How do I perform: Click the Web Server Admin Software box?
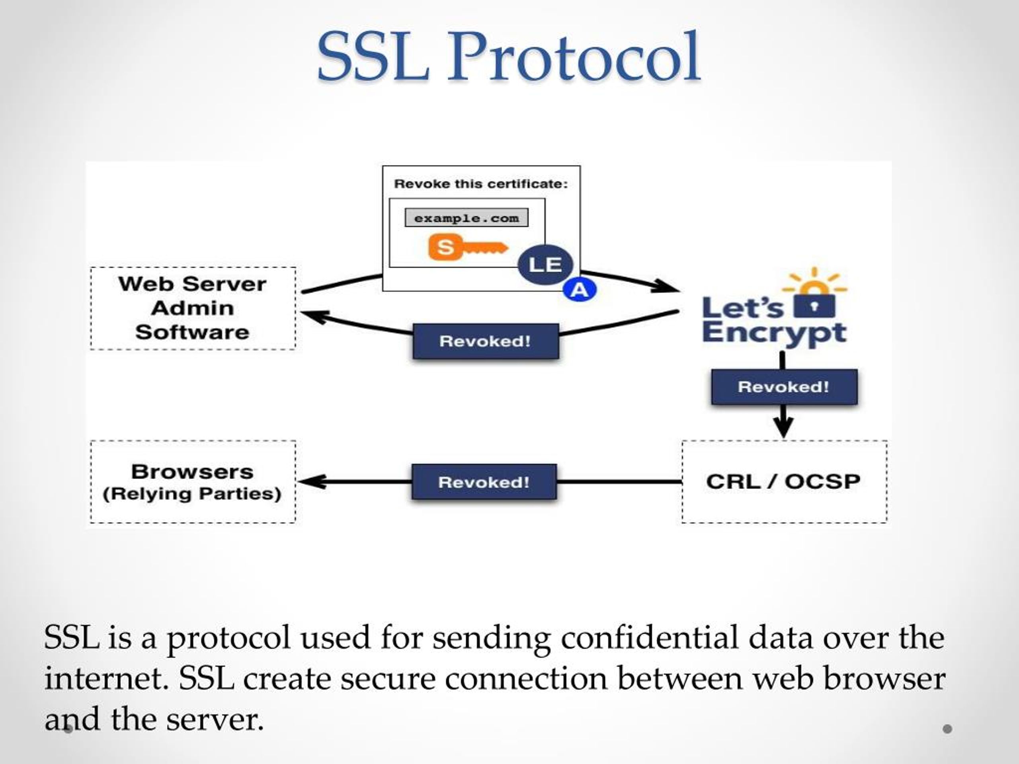coord(193,308)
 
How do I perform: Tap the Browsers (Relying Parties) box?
coord(193,482)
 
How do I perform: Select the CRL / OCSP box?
coord(784,482)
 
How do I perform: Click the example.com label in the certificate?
coord(466,218)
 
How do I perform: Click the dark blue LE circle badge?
coord(545,265)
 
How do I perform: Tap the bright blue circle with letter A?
coord(580,290)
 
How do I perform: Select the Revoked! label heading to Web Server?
coord(486,341)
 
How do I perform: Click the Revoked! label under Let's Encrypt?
coord(784,387)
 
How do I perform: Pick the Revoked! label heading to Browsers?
coord(484,482)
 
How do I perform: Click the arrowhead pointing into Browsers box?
coord(312,482)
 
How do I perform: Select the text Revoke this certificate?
coord(481,184)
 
